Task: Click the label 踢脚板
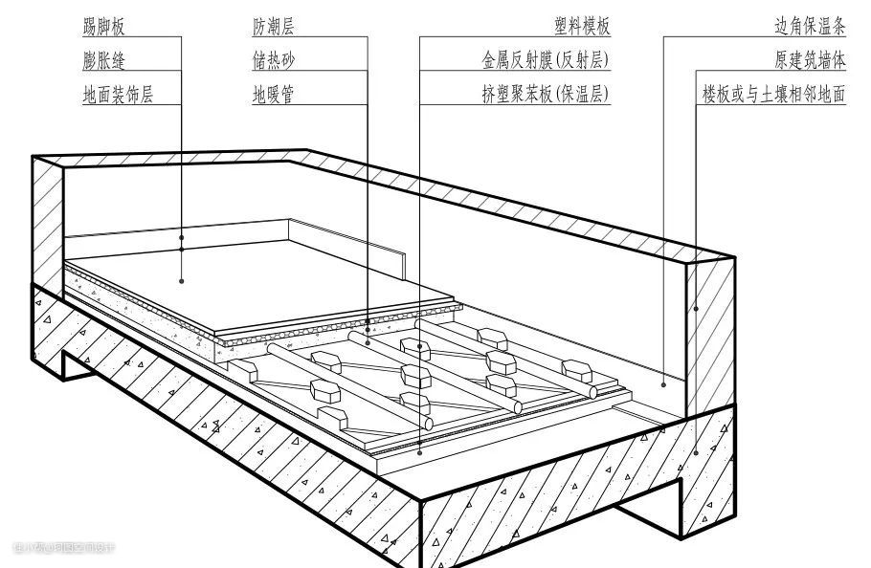click(x=104, y=27)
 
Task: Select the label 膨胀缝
click(x=104, y=60)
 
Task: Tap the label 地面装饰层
click(x=119, y=95)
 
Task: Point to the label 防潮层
click(x=274, y=27)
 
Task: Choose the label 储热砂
click(x=274, y=60)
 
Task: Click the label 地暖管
click(x=274, y=95)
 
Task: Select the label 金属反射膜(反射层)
click(x=546, y=60)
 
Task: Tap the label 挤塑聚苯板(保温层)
click(x=546, y=95)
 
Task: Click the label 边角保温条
click(x=810, y=27)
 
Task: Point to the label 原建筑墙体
click(x=810, y=60)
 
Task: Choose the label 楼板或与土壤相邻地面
click(x=773, y=95)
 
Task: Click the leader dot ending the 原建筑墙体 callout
click(x=697, y=308)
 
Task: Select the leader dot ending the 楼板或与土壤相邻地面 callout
click(x=697, y=453)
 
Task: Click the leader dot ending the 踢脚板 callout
click(x=182, y=235)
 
